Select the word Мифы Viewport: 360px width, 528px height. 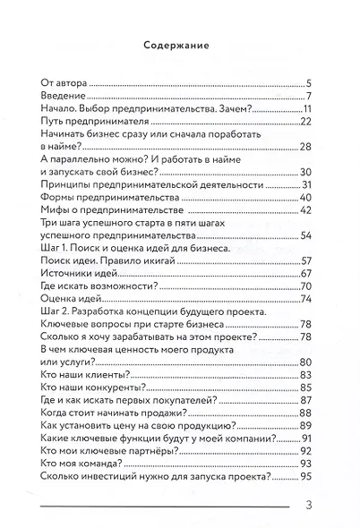tap(56, 210)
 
